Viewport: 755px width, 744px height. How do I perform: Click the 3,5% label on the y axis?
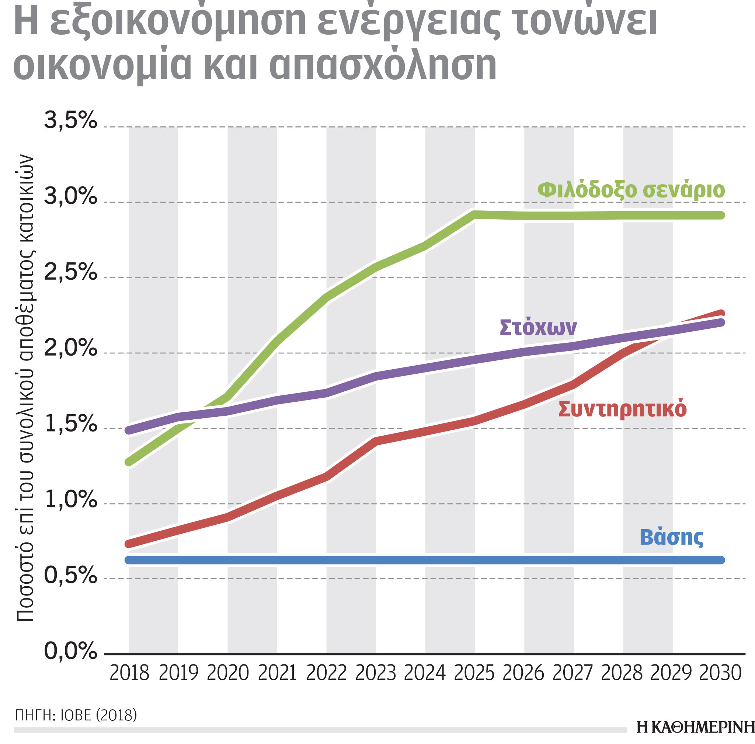[x=70, y=120]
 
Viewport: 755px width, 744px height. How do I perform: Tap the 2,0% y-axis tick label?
[x=70, y=347]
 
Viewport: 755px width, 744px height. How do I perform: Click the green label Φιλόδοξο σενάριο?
[x=631, y=190]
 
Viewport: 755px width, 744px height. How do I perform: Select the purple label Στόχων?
[x=538, y=327]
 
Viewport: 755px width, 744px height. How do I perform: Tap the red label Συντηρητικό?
[x=622, y=409]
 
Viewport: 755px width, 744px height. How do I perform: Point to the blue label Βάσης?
[x=671, y=537]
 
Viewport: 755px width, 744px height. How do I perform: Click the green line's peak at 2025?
[x=474, y=214]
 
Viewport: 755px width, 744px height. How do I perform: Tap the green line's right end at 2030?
[x=721, y=215]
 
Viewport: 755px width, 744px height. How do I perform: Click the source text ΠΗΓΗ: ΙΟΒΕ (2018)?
[x=76, y=715]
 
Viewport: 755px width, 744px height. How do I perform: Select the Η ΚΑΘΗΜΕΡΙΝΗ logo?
[x=695, y=727]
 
